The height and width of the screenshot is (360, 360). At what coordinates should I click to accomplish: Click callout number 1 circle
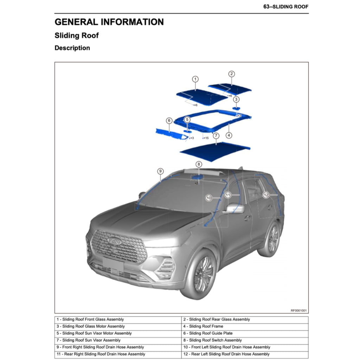[x=195, y=79]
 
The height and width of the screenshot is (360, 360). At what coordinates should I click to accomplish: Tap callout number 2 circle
[x=231, y=74]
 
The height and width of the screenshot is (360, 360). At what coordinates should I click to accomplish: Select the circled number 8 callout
[x=199, y=164]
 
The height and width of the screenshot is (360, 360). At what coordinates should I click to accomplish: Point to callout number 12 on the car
[x=266, y=195]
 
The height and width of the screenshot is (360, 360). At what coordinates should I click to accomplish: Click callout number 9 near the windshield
[x=160, y=171]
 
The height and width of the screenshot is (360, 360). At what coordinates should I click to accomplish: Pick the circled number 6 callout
[x=169, y=121]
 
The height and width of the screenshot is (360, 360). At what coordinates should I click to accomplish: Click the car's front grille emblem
[x=114, y=240]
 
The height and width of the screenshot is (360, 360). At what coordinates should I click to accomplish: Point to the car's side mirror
[x=234, y=208]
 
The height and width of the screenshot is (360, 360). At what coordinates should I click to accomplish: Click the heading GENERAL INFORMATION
[x=109, y=22]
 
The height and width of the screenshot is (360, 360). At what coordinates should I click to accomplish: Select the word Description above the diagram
[x=72, y=48]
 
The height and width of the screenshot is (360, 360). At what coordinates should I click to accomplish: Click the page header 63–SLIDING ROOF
[x=286, y=7]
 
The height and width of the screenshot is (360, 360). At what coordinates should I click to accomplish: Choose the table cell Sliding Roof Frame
[x=203, y=326]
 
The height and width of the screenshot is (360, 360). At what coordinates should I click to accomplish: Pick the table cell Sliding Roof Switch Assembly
[x=212, y=340]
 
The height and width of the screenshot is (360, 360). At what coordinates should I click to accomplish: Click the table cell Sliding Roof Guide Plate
[x=207, y=333]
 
